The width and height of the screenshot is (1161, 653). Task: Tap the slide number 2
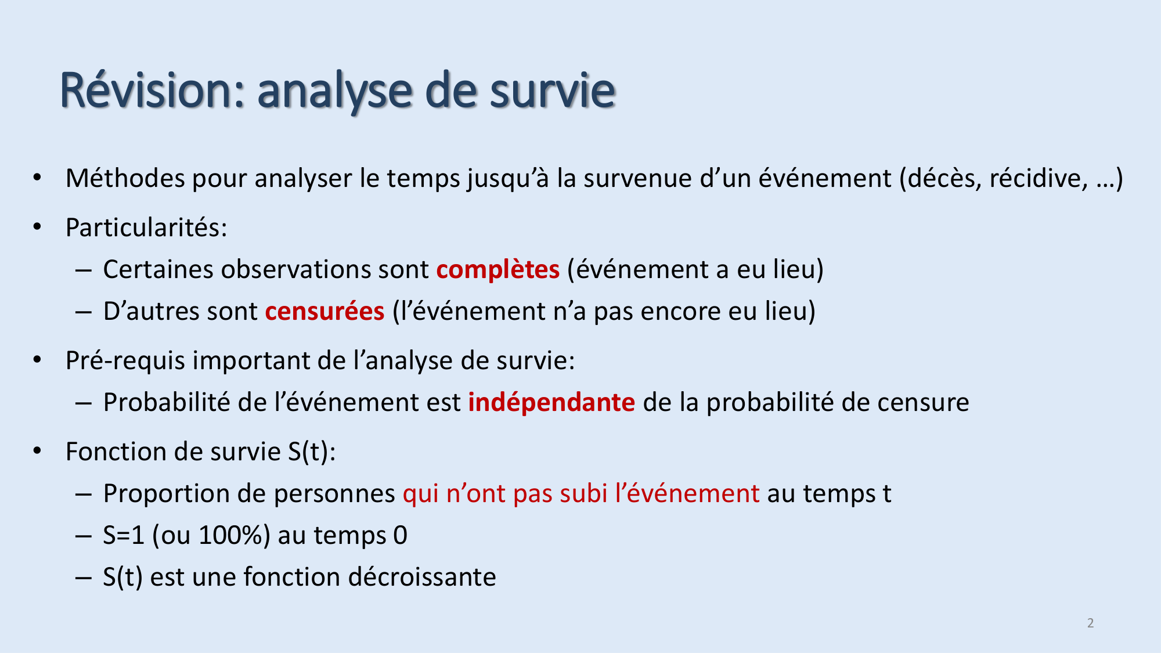(x=1090, y=623)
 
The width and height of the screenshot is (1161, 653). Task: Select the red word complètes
(x=497, y=270)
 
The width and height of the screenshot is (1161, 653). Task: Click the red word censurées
(x=324, y=312)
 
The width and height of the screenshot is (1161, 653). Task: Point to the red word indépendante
(x=551, y=403)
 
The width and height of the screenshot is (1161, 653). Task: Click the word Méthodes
(x=125, y=178)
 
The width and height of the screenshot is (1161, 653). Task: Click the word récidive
(x=1039, y=178)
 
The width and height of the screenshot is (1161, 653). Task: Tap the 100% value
(x=231, y=535)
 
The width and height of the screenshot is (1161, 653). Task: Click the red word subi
(x=583, y=494)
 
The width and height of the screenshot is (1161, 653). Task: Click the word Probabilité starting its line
(x=167, y=403)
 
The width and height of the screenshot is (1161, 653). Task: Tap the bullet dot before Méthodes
(x=37, y=177)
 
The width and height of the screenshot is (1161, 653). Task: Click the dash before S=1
(x=83, y=535)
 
